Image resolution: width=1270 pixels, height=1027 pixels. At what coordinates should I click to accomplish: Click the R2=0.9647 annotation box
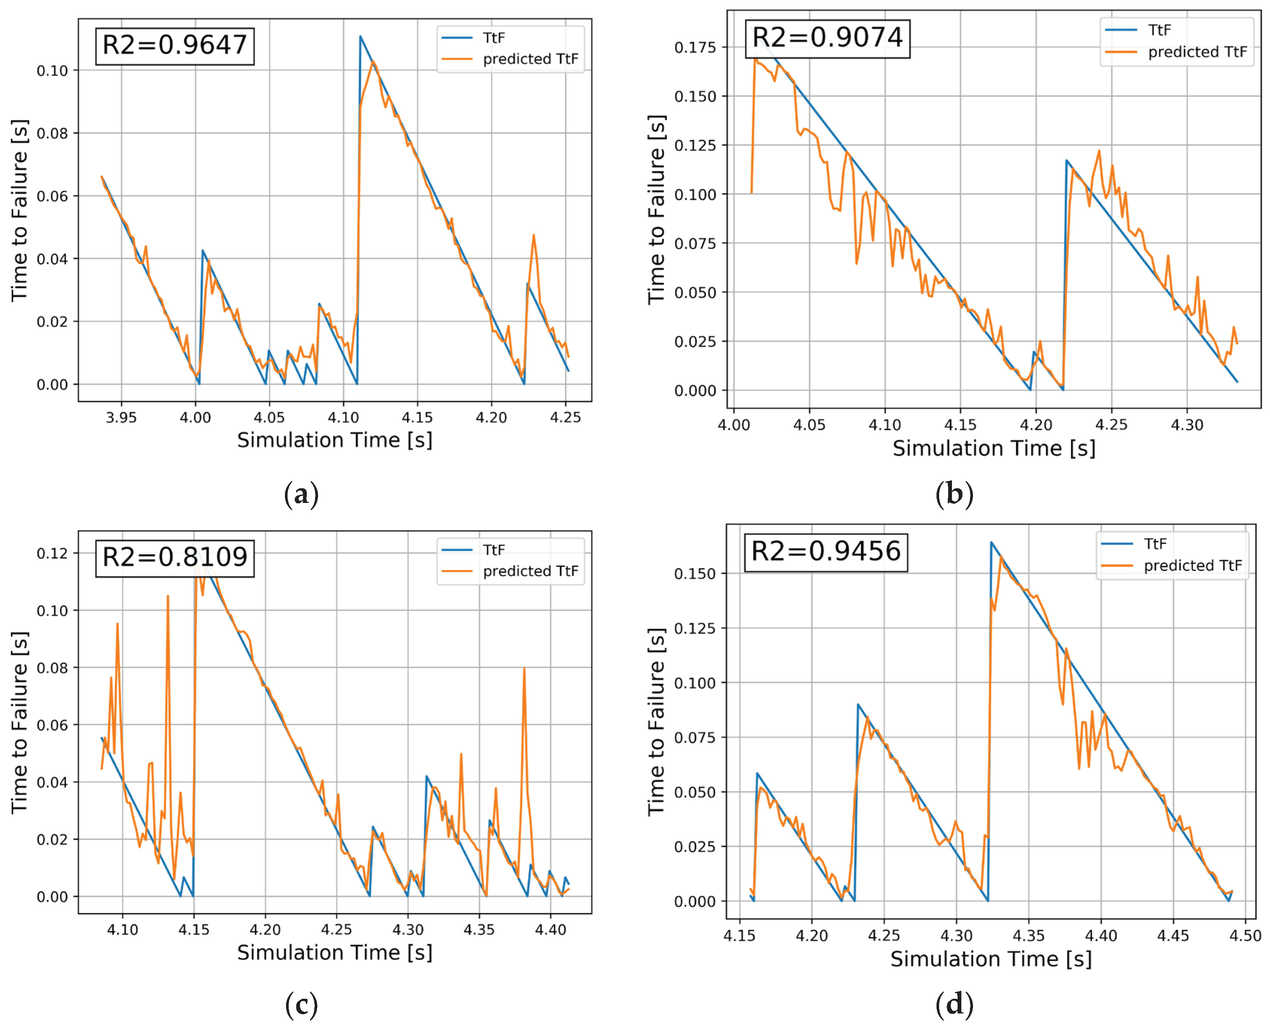point(175,46)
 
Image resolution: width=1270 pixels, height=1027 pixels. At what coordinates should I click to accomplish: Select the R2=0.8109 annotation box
point(175,557)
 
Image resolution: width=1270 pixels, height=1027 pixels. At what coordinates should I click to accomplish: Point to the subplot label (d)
point(954,1004)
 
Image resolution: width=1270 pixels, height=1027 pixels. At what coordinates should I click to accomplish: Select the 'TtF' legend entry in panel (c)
point(493,550)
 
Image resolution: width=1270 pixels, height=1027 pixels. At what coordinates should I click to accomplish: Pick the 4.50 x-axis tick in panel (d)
point(1245,936)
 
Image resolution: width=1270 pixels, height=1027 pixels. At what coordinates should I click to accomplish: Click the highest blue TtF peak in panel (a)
point(360,37)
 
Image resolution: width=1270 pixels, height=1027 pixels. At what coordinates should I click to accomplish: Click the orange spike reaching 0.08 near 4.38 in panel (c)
point(524,669)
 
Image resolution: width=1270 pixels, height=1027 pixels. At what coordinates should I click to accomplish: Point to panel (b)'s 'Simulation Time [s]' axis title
point(994,448)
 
